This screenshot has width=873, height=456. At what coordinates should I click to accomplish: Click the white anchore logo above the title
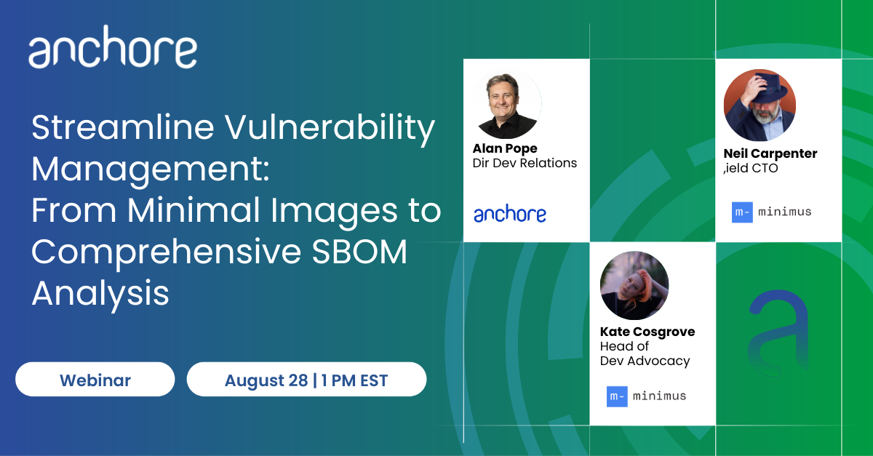pos(113,47)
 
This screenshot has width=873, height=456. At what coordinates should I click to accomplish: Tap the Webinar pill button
pos(95,379)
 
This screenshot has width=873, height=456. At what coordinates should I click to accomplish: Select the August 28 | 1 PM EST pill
pos(306,379)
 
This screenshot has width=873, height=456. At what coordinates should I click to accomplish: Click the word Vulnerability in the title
pos(330,127)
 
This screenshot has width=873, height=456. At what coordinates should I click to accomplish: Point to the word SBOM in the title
pos(359,252)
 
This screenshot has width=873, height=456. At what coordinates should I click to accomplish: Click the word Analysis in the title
pos(100,294)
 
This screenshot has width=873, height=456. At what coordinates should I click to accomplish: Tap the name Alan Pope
pos(505,148)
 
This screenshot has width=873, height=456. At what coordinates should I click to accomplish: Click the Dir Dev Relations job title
pos(525,163)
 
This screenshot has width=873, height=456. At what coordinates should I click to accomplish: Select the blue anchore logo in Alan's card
pos(510,213)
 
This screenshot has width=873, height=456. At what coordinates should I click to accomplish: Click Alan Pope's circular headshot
pos(506,104)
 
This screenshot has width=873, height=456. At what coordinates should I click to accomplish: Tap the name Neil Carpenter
pos(770,153)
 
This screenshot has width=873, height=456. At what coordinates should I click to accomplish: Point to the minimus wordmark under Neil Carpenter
pos(784,212)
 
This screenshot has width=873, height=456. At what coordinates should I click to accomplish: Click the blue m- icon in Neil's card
pos(742,212)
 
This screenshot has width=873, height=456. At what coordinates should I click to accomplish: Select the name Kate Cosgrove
pos(647,332)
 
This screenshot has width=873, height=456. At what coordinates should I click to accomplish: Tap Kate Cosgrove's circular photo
pos(634,286)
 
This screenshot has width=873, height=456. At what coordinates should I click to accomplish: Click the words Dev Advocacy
pos(645,361)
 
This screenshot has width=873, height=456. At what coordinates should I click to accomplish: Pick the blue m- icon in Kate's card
pos(617,396)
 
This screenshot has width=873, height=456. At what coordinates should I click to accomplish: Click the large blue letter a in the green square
pos(778,334)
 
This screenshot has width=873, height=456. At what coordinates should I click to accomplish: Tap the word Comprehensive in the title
pos(167,253)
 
